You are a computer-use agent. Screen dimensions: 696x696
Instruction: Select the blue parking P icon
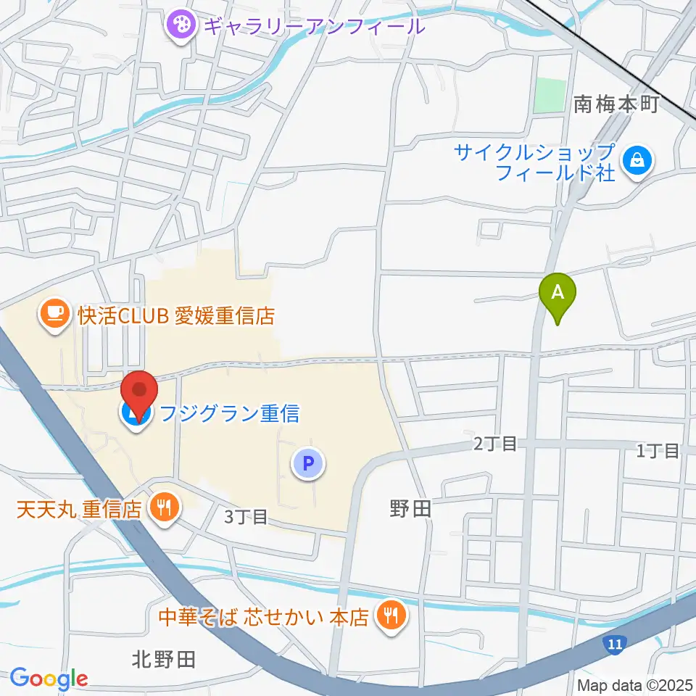[308, 463]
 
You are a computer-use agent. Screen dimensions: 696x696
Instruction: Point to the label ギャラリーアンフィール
[313, 28]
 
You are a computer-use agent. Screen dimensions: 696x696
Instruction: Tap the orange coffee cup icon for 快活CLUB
[56, 315]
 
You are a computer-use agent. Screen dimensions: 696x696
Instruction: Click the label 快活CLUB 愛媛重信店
[177, 316]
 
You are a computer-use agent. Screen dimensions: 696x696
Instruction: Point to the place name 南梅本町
[616, 105]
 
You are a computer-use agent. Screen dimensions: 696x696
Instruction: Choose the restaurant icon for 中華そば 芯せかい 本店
[391, 617]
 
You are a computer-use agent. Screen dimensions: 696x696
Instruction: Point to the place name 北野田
[164, 660]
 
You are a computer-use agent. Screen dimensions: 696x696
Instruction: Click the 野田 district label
[410, 509]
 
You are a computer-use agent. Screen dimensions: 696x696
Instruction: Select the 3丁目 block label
[246, 517]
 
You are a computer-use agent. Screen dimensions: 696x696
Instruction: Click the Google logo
[49, 679]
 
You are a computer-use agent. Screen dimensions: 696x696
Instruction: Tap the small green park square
[550, 95]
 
